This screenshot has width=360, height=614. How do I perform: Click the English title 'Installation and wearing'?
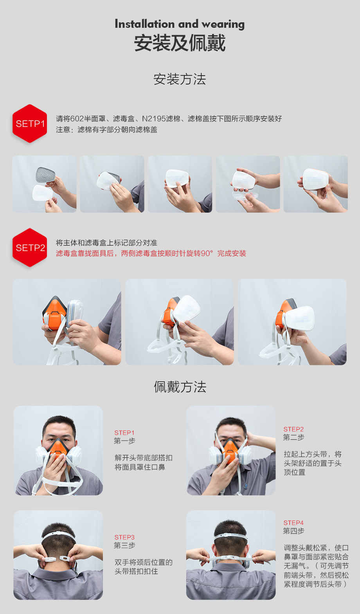pyautogui.click(x=180, y=24)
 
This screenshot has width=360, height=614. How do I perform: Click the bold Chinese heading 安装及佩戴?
pyautogui.click(x=180, y=43)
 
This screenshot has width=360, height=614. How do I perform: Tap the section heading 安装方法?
pyautogui.click(x=180, y=79)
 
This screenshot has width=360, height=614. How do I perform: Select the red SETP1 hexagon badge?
pyautogui.click(x=30, y=124)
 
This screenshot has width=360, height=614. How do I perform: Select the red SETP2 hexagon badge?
pyautogui.click(x=30, y=247)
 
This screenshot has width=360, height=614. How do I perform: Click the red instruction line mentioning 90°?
pyautogui.click(x=151, y=254)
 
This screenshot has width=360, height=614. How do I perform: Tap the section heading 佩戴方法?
pyautogui.click(x=180, y=387)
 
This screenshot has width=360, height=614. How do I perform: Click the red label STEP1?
pyautogui.click(x=124, y=433)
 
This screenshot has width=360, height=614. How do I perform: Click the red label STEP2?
pyautogui.click(x=293, y=429)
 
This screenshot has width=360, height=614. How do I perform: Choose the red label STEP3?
pyautogui.click(x=124, y=537)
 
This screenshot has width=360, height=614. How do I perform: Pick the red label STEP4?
pyautogui.click(x=293, y=523)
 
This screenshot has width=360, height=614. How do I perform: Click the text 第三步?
pyautogui.click(x=125, y=545)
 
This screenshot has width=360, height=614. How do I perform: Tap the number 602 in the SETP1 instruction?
pyautogui.click(x=77, y=119)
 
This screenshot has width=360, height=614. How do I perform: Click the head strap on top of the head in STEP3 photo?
pyautogui.click(x=59, y=535)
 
